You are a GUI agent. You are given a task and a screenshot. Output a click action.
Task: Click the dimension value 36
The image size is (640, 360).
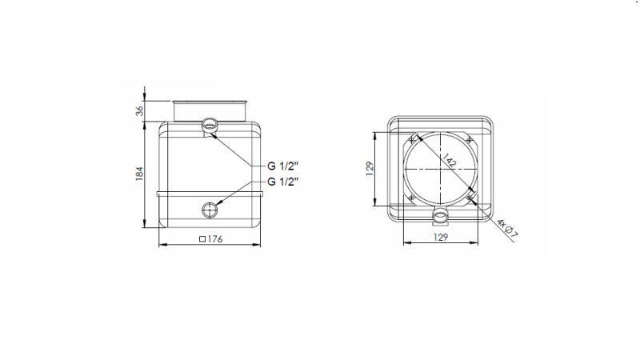tap(138, 110)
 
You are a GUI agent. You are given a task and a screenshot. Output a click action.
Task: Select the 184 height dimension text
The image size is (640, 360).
tap(138, 172)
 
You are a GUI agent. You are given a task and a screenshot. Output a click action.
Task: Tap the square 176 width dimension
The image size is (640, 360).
tap(210, 238)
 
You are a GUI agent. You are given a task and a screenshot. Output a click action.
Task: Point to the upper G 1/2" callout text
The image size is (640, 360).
tap(283, 166)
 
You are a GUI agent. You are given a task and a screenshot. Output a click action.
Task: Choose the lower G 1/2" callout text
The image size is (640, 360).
tap(283, 182)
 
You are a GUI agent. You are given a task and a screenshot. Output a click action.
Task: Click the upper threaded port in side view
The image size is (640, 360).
tap(210, 125)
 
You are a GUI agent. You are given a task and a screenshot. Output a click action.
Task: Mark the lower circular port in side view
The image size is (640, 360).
tap(210, 210)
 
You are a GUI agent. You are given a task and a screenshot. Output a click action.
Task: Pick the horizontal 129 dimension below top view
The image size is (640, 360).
tap(439, 238)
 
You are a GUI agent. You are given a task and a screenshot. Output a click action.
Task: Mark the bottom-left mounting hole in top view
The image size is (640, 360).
tap(411, 197)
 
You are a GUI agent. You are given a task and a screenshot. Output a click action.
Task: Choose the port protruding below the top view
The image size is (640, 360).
tap(439, 216)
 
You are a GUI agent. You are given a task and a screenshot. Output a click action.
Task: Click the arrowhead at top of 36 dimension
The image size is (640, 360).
tap(145, 86)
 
